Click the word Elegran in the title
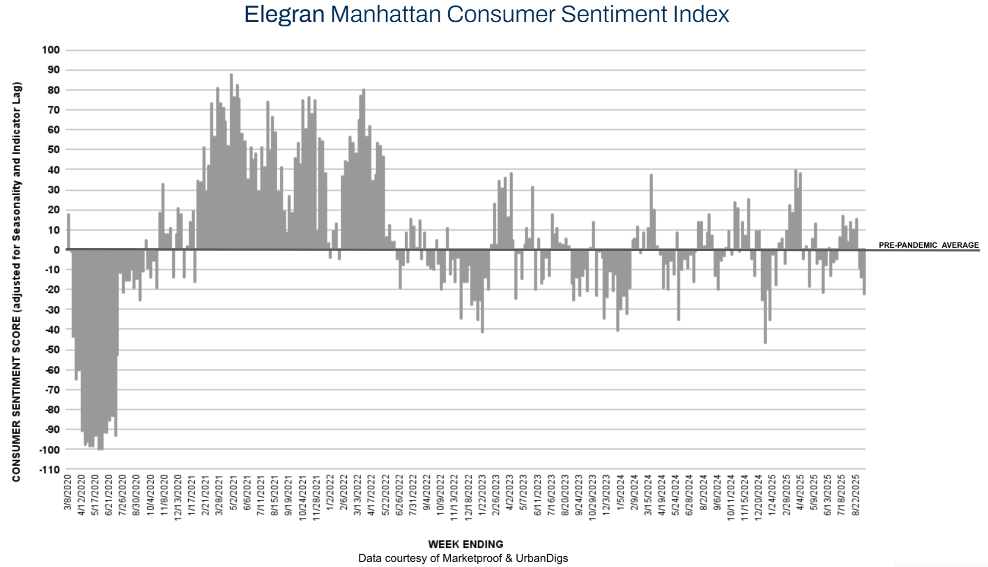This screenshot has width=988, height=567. (x=284, y=14)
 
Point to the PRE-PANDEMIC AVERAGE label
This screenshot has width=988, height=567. (x=928, y=245)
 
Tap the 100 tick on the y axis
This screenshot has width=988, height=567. (x=50, y=50)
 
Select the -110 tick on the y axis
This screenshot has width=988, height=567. (x=49, y=469)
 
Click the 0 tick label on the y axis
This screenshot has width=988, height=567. (x=56, y=250)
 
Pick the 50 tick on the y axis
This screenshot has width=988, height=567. (x=53, y=149)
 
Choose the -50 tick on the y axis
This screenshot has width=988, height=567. (x=51, y=349)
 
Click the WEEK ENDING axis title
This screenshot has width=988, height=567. (x=466, y=544)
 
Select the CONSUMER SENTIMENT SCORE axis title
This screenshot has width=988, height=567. (x=16, y=282)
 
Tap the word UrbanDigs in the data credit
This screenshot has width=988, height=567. (x=542, y=559)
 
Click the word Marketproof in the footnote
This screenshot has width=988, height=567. (x=472, y=559)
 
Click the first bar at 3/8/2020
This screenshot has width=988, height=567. (x=69, y=232)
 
